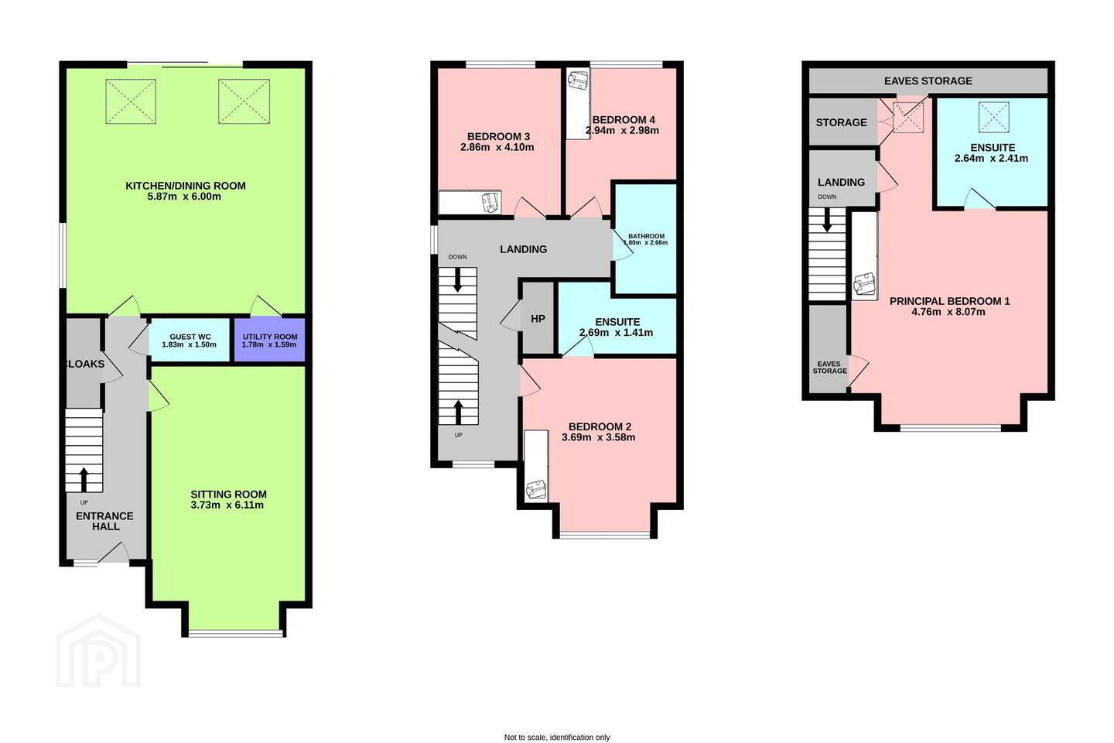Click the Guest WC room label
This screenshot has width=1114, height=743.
point(190,337)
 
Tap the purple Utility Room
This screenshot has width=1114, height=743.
point(269,340)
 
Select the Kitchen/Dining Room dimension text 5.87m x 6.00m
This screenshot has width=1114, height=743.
point(184,197)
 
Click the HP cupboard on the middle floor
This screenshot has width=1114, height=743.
point(538,319)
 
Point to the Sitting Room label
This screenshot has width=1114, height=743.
point(229,494)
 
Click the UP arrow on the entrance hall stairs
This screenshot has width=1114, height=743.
point(84,480)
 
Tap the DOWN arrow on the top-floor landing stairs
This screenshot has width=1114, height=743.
point(827,220)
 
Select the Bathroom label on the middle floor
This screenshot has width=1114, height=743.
point(646,236)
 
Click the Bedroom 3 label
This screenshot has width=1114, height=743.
point(498,136)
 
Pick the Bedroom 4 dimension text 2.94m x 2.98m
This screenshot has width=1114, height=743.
point(622,130)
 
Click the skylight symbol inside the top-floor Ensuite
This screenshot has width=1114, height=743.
point(993,118)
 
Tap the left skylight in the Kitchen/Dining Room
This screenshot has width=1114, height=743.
point(131,101)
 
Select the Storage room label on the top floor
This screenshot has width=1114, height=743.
point(841,122)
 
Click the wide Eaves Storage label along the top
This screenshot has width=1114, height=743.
point(928,80)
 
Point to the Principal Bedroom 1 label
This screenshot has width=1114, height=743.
point(949,301)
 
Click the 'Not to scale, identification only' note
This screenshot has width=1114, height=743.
point(557,737)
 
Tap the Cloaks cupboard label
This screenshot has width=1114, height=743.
point(84,364)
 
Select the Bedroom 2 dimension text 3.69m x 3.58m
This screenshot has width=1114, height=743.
point(598,437)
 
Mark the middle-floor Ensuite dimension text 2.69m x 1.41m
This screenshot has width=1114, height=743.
point(616,333)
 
